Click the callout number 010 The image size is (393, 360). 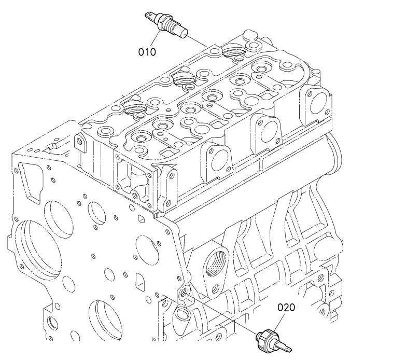[147, 52]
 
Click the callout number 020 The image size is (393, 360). [286, 308]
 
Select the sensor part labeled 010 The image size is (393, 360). [166, 25]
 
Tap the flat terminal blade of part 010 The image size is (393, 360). [150, 17]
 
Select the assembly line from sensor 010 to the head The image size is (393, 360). [197, 41]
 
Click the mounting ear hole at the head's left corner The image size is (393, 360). [80, 142]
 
